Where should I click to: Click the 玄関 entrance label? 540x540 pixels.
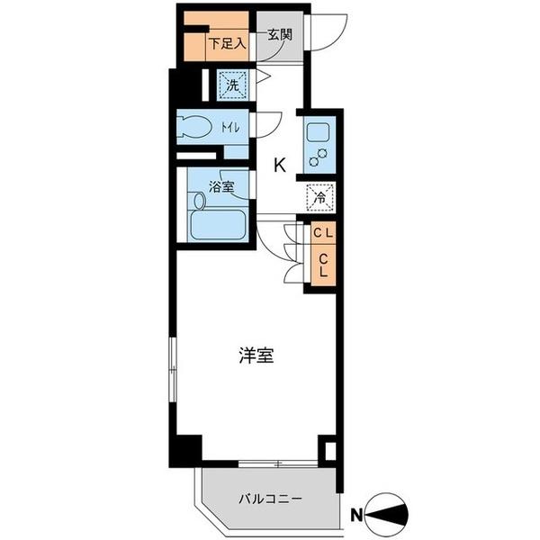279,35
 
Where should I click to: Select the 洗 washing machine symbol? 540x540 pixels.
232,86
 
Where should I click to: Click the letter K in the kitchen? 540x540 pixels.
280,165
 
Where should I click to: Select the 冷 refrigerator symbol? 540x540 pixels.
319,195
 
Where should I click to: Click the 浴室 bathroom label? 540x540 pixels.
221,187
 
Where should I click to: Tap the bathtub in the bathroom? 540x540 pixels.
218,225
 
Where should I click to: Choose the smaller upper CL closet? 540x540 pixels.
322,233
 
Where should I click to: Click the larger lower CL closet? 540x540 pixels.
322,267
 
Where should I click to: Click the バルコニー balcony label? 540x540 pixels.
270,498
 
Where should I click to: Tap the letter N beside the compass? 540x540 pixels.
357,515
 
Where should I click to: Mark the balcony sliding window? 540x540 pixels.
278,464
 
